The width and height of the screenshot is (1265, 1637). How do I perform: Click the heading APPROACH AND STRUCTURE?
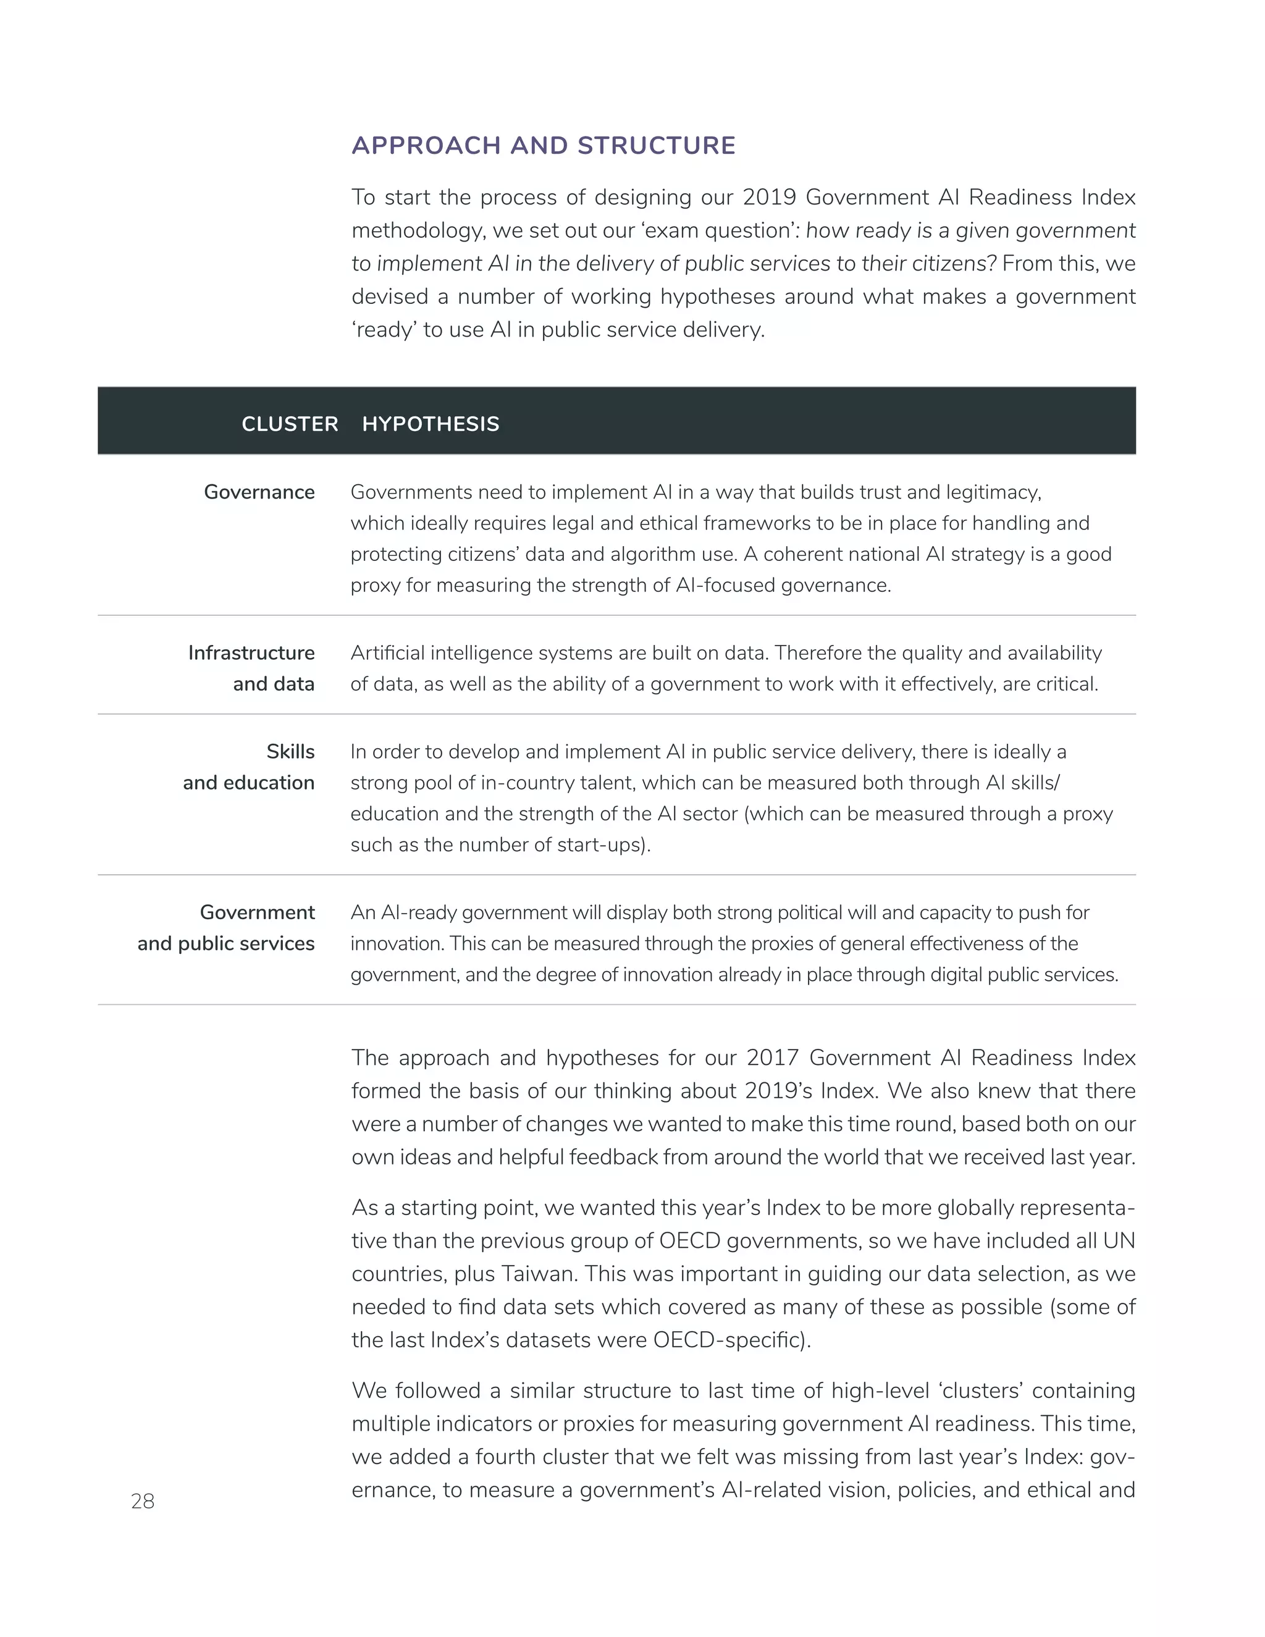(544, 145)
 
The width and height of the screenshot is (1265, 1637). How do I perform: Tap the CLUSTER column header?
(289, 424)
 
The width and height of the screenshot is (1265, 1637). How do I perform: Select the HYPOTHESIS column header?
(430, 424)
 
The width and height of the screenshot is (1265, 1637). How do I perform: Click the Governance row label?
(259, 492)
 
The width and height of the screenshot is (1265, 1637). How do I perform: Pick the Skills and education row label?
(249, 767)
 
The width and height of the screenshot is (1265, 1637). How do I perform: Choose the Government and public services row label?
(225, 928)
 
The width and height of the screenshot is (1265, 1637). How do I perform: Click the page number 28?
(143, 1501)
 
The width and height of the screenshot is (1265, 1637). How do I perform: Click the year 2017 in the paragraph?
(772, 1058)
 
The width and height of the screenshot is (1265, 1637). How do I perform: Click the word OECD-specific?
(731, 1340)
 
